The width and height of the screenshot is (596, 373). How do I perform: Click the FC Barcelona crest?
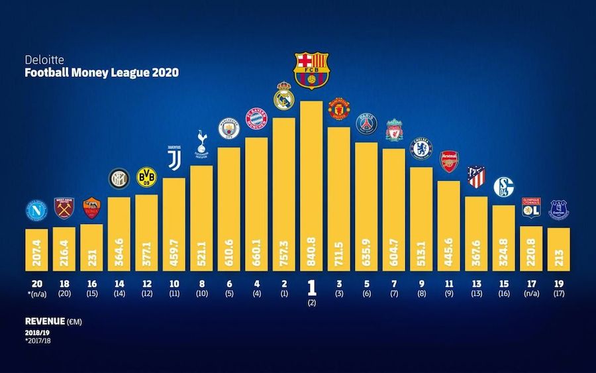click(x=311, y=70)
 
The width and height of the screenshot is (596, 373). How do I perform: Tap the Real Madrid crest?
click(x=283, y=96)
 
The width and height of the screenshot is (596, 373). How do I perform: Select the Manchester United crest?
click(x=338, y=107)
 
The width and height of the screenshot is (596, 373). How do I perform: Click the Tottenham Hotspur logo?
click(x=201, y=144)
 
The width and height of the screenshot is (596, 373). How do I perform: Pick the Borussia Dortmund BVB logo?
click(x=146, y=177)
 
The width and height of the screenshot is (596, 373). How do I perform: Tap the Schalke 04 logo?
click(x=503, y=187)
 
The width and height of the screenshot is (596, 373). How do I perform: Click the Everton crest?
click(x=559, y=210)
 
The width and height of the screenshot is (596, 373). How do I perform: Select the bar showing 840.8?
click(x=311, y=186)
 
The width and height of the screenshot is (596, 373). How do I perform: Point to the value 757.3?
click(x=283, y=252)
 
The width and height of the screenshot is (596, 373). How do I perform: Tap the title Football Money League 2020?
click(x=101, y=74)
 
